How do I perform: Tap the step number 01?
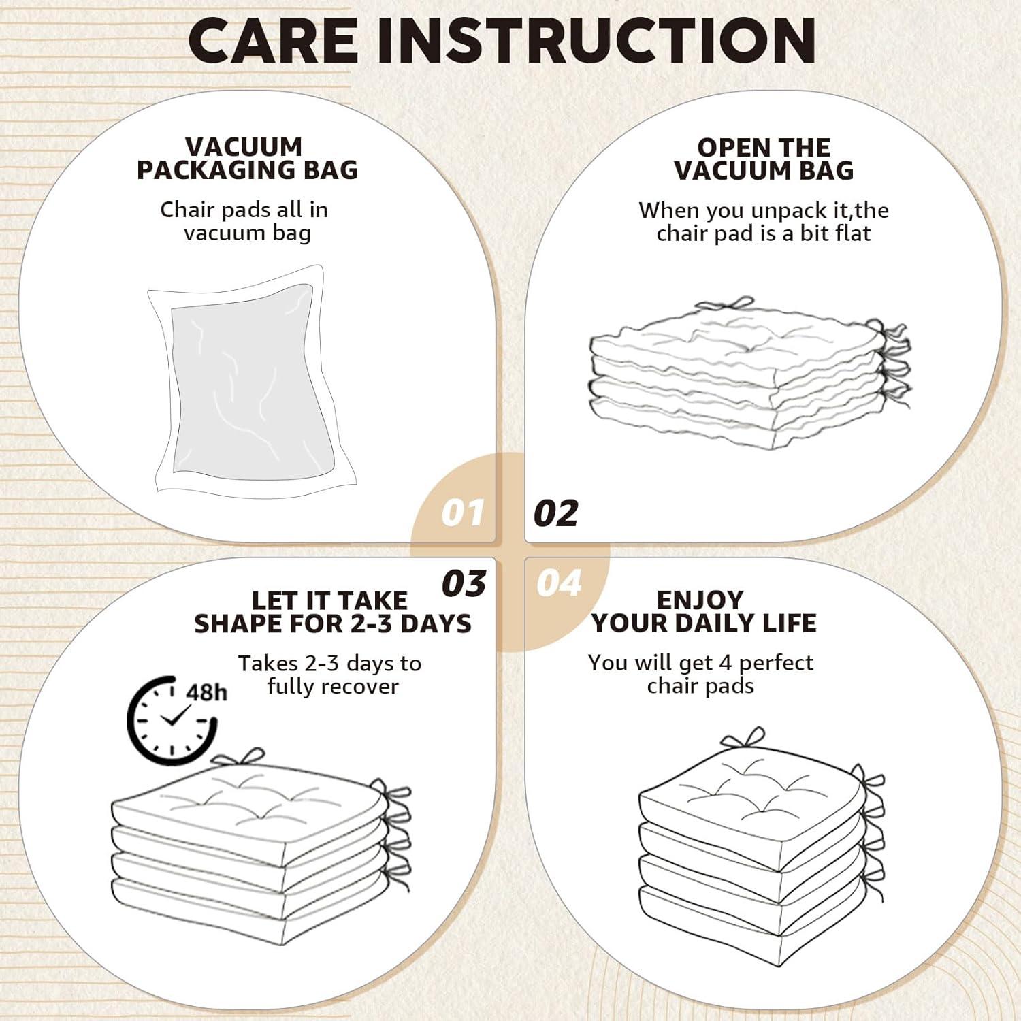pos(463,513)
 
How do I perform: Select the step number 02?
pos(555,513)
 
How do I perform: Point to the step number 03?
pos(464,583)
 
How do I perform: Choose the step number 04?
pos(559,583)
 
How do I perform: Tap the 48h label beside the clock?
pos(206,692)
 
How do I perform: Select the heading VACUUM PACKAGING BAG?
pos(247,158)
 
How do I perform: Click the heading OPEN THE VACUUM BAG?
pos(764,158)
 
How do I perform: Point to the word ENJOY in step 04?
pos(700,600)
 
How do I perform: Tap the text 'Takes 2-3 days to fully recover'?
pos(330,675)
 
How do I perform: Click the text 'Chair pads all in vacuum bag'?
pos(245,221)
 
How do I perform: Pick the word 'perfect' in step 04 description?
pos(776,662)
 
